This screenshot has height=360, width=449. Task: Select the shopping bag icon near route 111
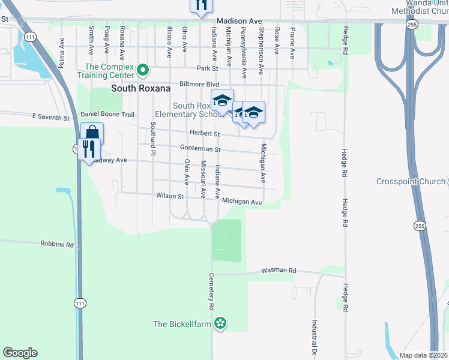pos(92,133)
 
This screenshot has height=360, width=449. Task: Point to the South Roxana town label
pos(140,88)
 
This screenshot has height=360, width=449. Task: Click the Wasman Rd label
pos(279,271)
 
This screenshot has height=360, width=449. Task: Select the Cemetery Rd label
pos(211,292)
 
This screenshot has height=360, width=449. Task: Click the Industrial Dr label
pos(314,335)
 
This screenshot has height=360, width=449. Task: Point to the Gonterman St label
pos(200,149)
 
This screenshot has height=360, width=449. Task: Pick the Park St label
pos(206,68)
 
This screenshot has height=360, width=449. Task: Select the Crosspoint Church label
pos(411,181)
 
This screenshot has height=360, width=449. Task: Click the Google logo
pos(20,353)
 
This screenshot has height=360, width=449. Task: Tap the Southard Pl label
pos(153,138)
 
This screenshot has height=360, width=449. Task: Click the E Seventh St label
pos(50,117)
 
